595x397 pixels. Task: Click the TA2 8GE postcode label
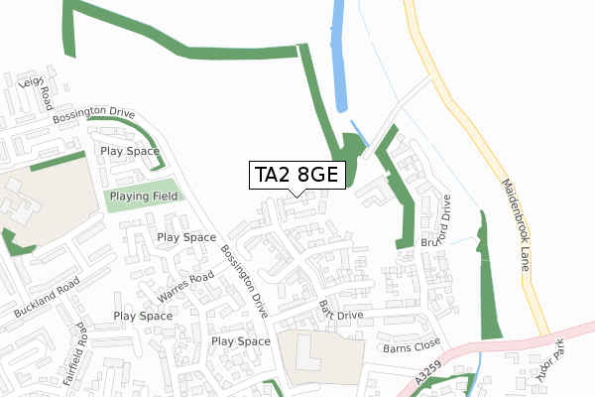(x=297, y=176)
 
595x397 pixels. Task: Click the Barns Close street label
(x=410, y=347)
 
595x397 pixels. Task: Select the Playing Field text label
(x=143, y=197)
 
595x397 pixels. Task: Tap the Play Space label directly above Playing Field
(x=130, y=152)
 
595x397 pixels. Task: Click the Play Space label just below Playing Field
(x=186, y=238)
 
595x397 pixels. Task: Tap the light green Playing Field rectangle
(x=143, y=197)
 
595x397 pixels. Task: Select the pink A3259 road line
(x=516, y=342)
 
